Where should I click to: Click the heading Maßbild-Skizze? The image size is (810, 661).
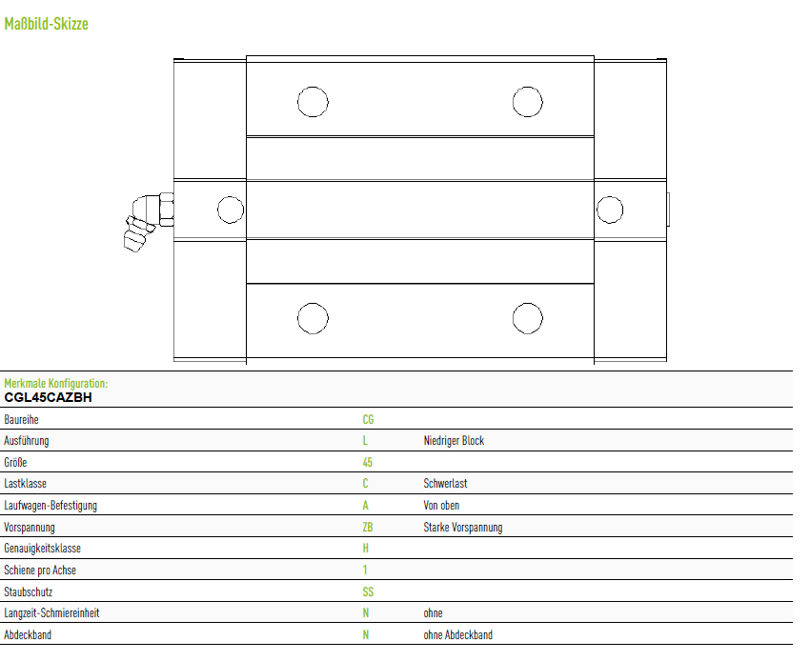click(x=46, y=24)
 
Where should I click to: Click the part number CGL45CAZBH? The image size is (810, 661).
click(x=48, y=397)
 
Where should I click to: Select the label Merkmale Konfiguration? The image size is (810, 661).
click(x=56, y=383)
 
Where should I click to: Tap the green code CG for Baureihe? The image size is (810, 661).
click(x=368, y=419)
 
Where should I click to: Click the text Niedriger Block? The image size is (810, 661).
click(x=454, y=440)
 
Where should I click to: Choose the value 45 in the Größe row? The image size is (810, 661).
click(x=367, y=462)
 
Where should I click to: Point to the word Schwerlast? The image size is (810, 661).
click(x=445, y=483)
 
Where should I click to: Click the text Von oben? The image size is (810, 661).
click(x=441, y=505)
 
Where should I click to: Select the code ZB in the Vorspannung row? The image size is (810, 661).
click(x=367, y=527)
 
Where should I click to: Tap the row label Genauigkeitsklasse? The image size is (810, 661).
click(x=42, y=548)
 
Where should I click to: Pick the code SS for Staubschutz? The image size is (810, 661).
click(x=368, y=591)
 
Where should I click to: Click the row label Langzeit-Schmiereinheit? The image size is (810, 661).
click(x=51, y=613)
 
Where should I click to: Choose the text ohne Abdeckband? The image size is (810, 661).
click(x=457, y=634)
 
